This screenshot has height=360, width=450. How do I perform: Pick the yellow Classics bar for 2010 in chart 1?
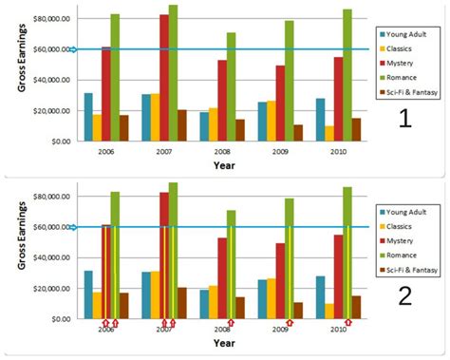329,133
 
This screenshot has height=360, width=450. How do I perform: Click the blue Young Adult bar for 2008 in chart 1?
203,125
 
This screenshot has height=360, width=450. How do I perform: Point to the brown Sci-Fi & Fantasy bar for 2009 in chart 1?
299,132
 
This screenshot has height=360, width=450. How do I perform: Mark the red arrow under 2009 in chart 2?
291,323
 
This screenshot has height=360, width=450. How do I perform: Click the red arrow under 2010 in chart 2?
348,323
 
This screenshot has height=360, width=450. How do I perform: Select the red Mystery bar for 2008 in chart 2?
223,277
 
